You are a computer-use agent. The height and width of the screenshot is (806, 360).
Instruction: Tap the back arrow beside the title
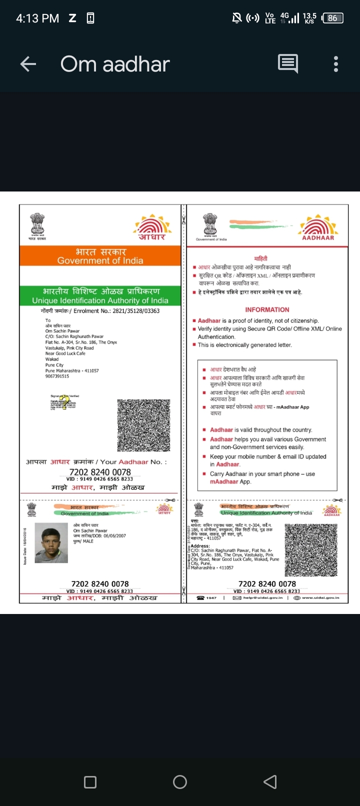coord(28,64)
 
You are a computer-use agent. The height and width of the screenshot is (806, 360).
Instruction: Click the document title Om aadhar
coord(115,64)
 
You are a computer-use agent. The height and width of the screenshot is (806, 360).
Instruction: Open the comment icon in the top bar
coord(287,64)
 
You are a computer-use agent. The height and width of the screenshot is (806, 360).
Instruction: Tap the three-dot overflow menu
coord(335,64)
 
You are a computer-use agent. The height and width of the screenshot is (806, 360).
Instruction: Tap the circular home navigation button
coord(180,782)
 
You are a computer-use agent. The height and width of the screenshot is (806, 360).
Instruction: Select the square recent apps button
coord(90,782)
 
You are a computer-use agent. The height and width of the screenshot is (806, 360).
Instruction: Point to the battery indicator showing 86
coord(332,18)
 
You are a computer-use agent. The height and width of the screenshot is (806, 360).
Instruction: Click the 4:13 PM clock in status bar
coord(37,18)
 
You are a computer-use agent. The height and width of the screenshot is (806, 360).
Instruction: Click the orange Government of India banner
coord(100,255)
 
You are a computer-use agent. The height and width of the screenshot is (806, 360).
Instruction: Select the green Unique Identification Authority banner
coord(100,295)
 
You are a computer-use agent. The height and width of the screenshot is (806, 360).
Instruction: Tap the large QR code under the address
coord(143,425)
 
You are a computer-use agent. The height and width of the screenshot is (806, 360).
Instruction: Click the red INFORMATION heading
coord(267,309)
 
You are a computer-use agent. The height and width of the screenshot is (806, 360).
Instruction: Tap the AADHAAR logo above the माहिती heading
coord(318,227)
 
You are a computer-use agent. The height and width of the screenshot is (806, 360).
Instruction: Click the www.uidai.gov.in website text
coord(320,597)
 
